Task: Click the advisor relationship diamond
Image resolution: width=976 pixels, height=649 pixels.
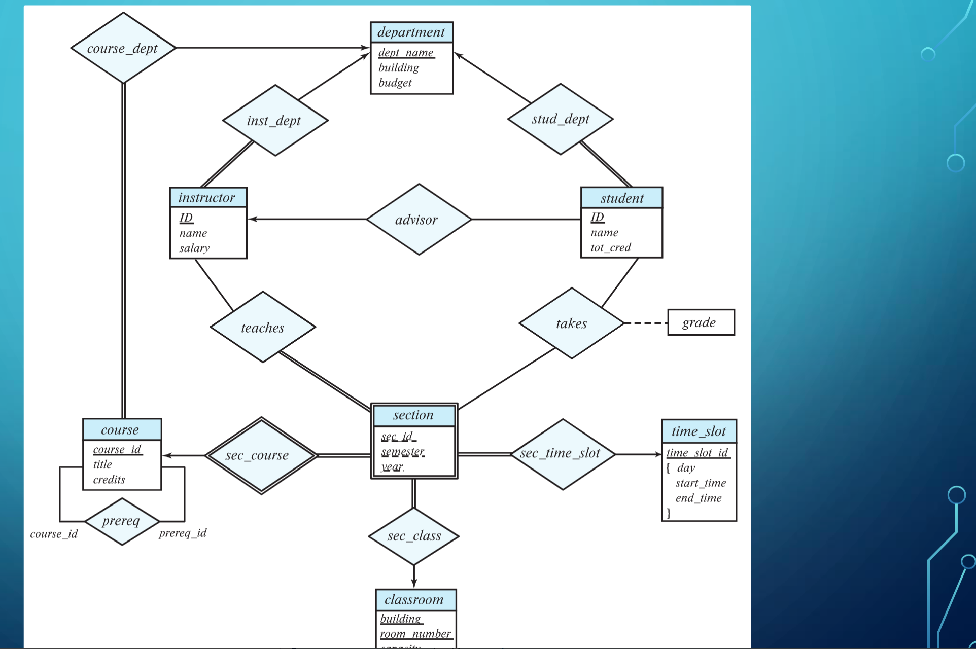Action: (419, 220)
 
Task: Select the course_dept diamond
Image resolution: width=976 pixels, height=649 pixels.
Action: (123, 48)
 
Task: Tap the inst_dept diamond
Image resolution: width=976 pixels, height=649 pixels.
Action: (275, 121)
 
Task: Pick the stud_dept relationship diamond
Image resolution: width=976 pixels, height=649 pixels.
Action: (561, 119)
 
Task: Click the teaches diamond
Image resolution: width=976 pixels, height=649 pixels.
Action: (263, 328)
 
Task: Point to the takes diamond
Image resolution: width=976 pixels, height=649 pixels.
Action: (572, 323)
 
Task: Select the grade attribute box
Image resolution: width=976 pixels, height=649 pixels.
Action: (701, 322)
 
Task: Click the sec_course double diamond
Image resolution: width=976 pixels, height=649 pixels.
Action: (261, 455)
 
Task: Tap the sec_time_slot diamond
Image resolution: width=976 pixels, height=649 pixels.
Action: (562, 454)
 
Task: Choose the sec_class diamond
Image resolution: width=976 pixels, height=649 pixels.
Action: (414, 536)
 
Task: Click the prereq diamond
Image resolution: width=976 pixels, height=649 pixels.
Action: (122, 521)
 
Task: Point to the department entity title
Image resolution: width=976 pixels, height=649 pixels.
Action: (411, 32)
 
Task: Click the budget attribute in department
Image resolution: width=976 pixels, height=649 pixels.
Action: (395, 83)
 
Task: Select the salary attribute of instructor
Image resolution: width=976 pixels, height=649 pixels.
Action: (194, 248)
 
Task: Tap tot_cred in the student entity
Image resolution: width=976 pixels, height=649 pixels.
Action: (611, 247)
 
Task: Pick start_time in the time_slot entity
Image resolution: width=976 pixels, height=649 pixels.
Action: (701, 483)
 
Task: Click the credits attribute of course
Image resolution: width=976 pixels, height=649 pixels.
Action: (109, 479)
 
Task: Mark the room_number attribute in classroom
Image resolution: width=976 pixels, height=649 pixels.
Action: (415, 634)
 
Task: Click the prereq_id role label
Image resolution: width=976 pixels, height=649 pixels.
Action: (183, 533)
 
